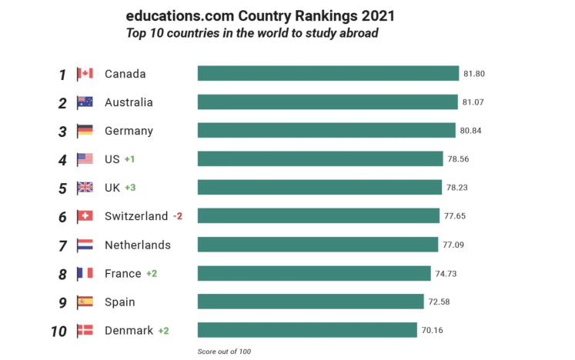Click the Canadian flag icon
pos(85,74)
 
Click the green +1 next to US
pos(130,159)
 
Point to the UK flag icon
pos(85,188)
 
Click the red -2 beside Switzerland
pos(177,216)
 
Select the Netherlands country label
pos(137,245)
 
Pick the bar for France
pos(314,273)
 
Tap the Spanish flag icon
pos(85,302)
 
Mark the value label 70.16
pos(433,331)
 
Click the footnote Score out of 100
pos(225,352)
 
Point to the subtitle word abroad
pos(358,33)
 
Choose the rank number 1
pos(63,75)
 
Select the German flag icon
pos(85,131)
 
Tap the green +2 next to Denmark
pos(163,331)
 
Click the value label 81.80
pos(474,74)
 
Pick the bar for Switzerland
pos(319,216)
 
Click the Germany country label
pos(129,131)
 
